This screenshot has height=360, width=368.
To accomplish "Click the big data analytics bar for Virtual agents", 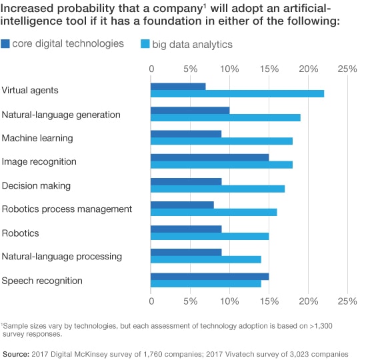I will (237, 93).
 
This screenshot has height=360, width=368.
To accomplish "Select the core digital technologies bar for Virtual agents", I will (178, 86).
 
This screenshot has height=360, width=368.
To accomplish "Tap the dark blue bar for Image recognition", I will (209, 157).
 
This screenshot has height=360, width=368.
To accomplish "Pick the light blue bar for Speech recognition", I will (206, 283).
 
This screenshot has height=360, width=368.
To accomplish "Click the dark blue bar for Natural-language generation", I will (190, 110).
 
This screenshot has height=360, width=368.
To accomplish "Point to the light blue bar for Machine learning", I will (221, 141).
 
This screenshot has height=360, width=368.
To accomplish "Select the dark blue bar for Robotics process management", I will (182, 205).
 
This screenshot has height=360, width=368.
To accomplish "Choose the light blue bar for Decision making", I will (217, 189).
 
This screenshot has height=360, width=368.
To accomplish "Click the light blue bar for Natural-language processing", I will (206, 259).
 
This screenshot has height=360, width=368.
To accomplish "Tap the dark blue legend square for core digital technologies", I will (7, 44).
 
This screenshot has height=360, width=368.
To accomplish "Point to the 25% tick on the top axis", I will (347, 69).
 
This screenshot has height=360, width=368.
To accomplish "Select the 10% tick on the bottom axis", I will (229, 301).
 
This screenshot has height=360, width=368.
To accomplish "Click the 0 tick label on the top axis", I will (151, 69).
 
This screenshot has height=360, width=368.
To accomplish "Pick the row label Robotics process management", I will (67, 209).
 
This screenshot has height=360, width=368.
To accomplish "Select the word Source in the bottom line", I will (16, 350).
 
